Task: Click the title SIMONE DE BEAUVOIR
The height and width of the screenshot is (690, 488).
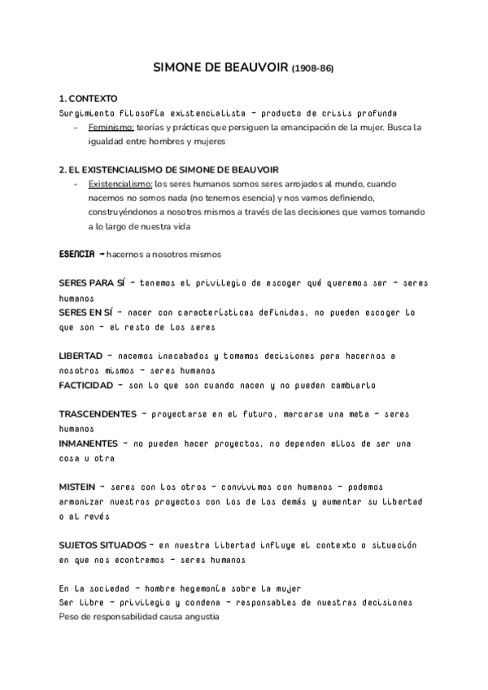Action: pyautogui.click(x=220, y=68)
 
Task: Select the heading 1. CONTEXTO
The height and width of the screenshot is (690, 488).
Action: pyautogui.click(x=89, y=98)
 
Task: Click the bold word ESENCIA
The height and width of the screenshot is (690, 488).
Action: pyautogui.click(x=78, y=255)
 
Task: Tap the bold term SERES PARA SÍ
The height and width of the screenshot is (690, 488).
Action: pyautogui.click(x=92, y=283)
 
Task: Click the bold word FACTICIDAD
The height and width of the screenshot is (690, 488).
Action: pyautogui.click(x=85, y=384)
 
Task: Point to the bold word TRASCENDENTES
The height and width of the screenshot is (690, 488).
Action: pyautogui.click(x=98, y=413)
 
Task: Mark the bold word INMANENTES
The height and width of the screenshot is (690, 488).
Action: pyautogui.click(x=88, y=443)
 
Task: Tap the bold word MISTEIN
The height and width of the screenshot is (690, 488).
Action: pyautogui.click(x=79, y=487)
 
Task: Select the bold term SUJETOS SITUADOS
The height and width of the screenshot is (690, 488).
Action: pyautogui.click(x=102, y=544)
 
